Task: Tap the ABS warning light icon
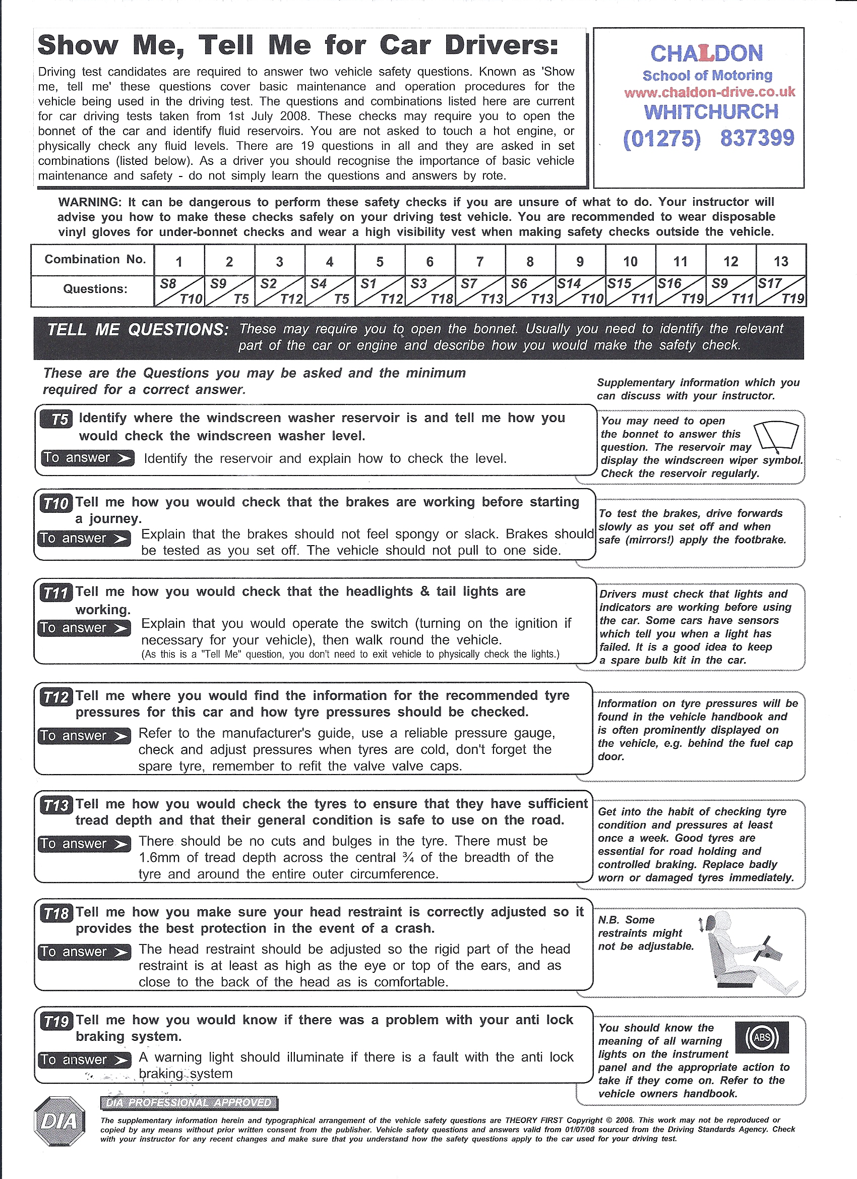(x=762, y=1037)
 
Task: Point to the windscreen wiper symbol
(x=776, y=436)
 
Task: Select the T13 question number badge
(x=56, y=805)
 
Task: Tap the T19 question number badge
(x=56, y=1022)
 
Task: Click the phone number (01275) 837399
(x=708, y=138)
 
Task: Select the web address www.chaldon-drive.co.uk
(x=709, y=92)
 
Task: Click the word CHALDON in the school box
(x=707, y=53)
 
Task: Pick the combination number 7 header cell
(x=480, y=262)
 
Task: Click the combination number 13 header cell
(x=780, y=262)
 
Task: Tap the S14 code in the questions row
(x=569, y=284)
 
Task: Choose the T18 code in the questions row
(x=442, y=299)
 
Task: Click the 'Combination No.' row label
(x=95, y=259)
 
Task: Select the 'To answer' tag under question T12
(x=84, y=736)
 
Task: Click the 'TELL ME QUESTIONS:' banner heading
(x=138, y=330)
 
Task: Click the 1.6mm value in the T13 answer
(x=159, y=857)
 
